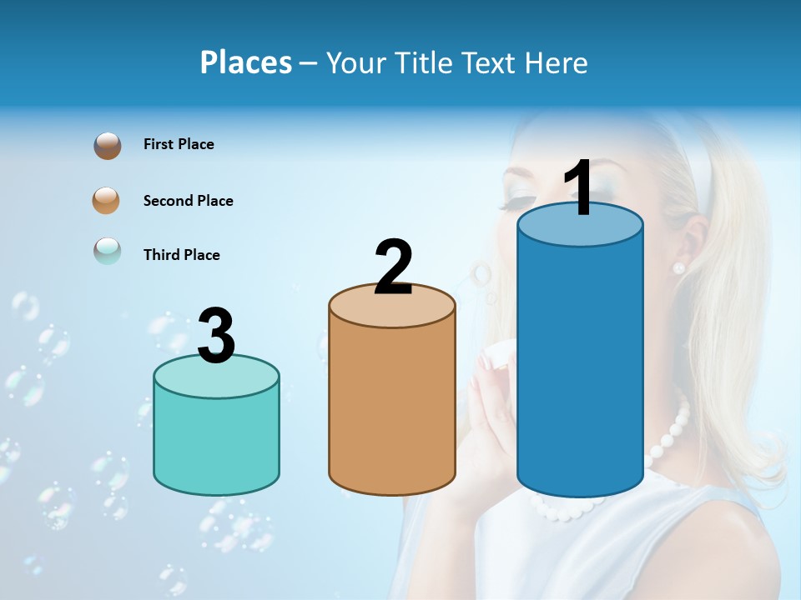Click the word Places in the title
click(245, 62)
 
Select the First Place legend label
click(179, 144)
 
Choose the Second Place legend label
click(188, 201)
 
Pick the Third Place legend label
click(181, 255)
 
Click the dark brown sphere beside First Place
click(108, 146)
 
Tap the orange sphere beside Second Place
click(107, 200)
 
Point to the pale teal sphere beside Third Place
click(108, 251)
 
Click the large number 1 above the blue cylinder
click(578, 187)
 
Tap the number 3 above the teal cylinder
click(216, 336)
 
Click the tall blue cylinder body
click(580, 367)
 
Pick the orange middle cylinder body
click(392, 408)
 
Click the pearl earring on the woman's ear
click(678, 267)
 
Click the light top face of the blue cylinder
click(580, 225)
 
